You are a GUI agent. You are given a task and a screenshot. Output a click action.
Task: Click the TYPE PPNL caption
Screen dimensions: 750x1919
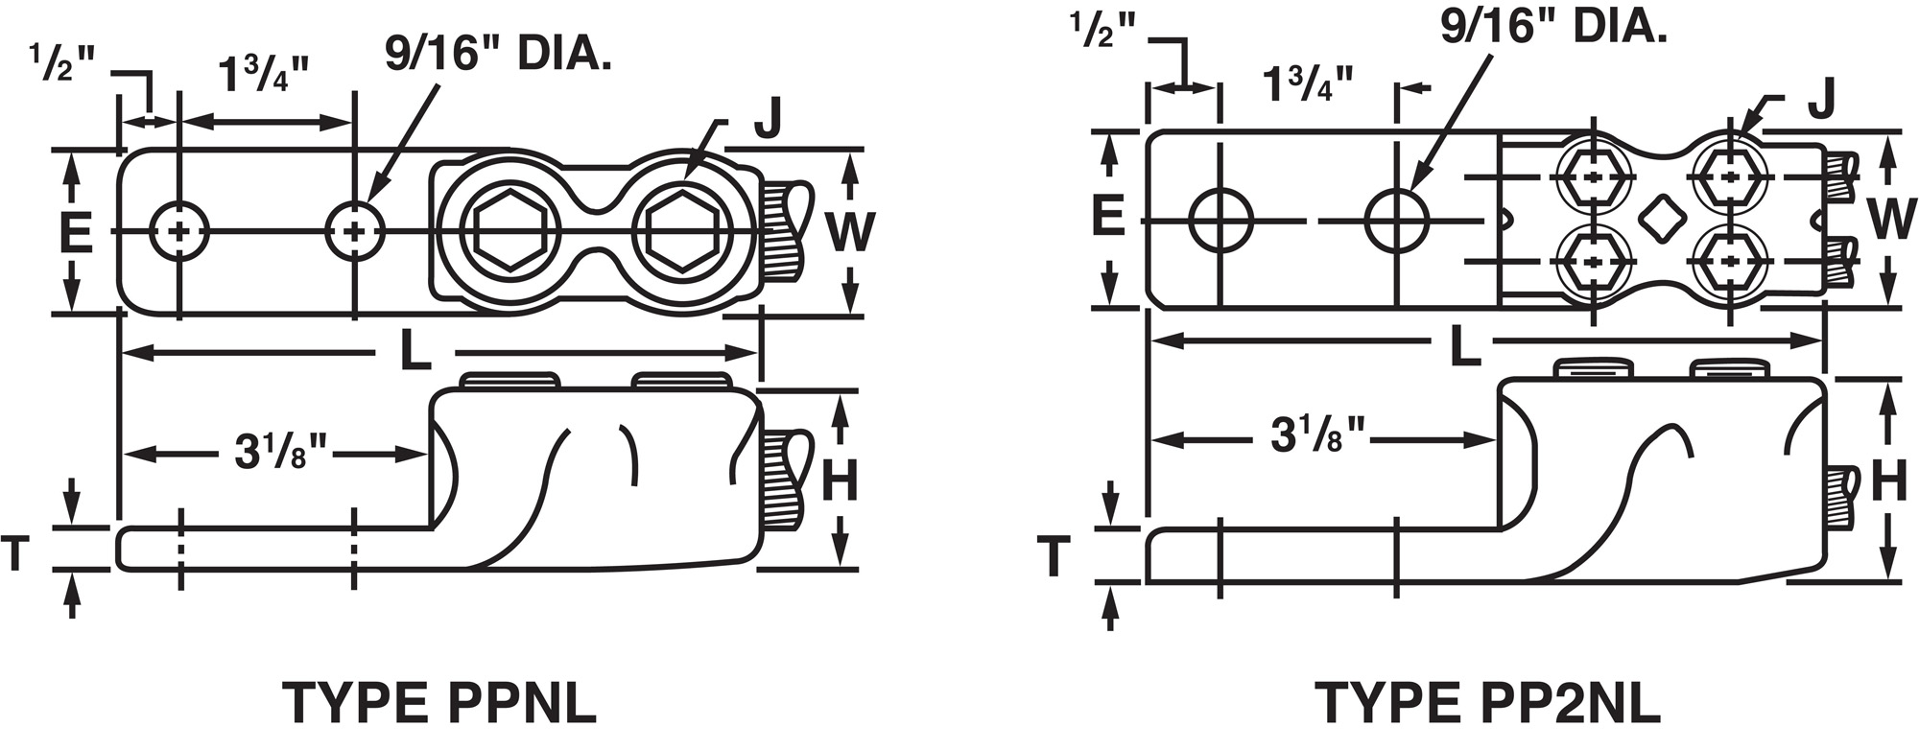pyautogui.click(x=439, y=703)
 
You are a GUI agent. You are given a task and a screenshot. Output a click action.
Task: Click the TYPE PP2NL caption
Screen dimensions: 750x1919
pyautogui.click(x=1487, y=703)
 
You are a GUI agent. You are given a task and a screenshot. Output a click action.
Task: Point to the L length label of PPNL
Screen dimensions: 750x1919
pyautogui.click(x=415, y=353)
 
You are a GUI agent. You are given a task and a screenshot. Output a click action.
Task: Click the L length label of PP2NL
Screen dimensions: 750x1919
pyautogui.click(x=1462, y=347)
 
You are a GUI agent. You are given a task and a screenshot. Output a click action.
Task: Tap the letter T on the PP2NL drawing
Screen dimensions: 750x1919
pyautogui.click(x=1054, y=556)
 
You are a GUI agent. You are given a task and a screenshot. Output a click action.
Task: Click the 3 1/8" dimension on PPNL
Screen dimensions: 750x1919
pyautogui.click(x=281, y=452)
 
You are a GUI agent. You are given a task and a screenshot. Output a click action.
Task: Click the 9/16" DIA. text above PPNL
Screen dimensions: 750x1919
pyautogui.click(x=498, y=54)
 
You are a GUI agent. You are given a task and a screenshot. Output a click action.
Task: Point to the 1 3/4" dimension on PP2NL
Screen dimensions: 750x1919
pyautogui.click(x=1307, y=85)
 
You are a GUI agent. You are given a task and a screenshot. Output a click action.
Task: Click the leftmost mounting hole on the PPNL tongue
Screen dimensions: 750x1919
pyautogui.click(x=179, y=231)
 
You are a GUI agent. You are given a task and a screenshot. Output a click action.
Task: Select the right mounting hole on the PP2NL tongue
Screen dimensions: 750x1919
pyautogui.click(x=1397, y=221)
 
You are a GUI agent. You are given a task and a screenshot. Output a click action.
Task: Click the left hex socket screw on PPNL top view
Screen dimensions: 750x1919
pyautogui.click(x=508, y=231)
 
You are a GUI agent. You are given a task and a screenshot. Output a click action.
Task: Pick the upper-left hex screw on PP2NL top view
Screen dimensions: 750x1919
pyautogui.click(x=1594, y=178)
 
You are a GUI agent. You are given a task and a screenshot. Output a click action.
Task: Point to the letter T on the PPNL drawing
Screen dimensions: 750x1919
pyautogui.click(x=16, y=553)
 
